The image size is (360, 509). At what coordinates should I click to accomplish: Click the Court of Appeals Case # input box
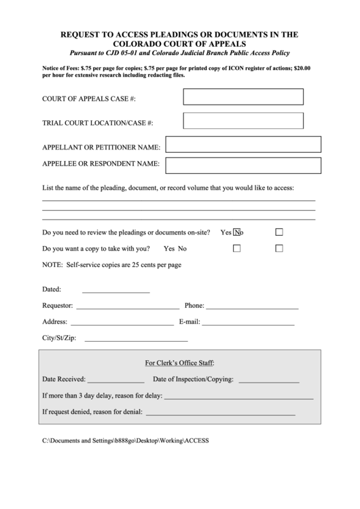(242, 97)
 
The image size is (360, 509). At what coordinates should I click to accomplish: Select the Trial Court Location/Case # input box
(242, 121)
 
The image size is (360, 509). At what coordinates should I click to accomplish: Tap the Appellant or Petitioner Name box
(243, 145)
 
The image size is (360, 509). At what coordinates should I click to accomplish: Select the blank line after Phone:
(252, 307)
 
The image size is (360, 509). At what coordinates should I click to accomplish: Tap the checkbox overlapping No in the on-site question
(237, 232)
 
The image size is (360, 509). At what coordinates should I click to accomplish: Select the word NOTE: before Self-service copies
(52, 265)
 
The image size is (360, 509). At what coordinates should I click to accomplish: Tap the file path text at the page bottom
(126, 440)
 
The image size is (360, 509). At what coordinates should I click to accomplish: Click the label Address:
(54, 322)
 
